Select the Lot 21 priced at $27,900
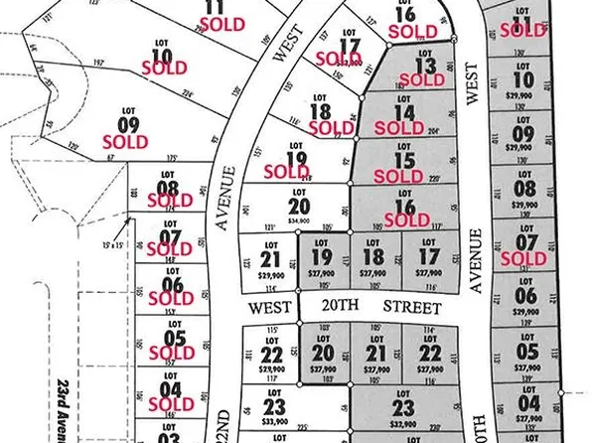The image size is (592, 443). (374, 356)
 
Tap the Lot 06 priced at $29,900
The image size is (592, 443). (526, 297)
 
